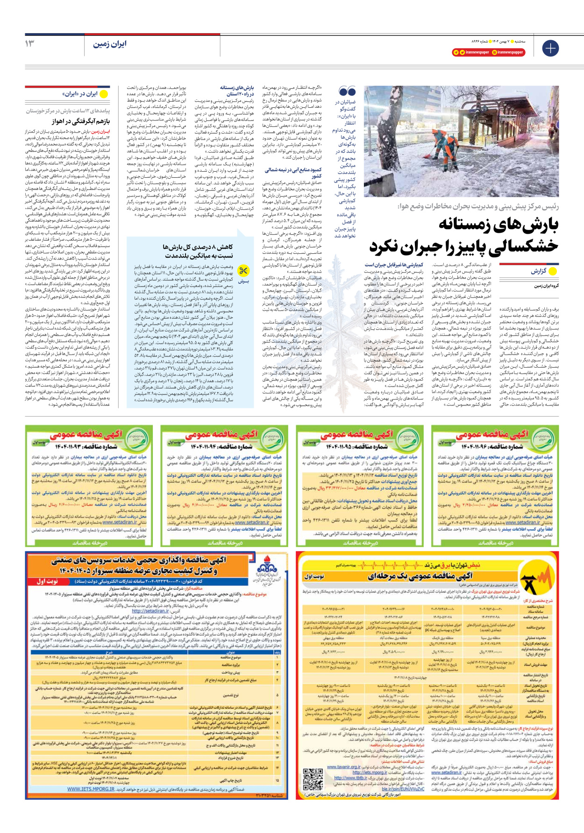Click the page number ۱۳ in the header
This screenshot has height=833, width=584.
[29, 43]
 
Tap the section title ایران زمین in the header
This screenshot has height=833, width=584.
[110, 44]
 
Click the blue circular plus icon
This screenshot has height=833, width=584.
[550, 48]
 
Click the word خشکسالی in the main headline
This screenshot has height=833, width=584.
[523, 246]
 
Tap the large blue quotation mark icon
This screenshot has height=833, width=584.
[347, 91]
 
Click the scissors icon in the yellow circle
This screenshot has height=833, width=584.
[243, 271]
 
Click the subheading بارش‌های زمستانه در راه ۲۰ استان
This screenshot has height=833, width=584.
[237, 91]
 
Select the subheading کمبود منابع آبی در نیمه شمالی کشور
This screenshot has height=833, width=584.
[293, 173]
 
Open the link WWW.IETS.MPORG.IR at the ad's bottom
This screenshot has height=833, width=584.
[91, 789]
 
